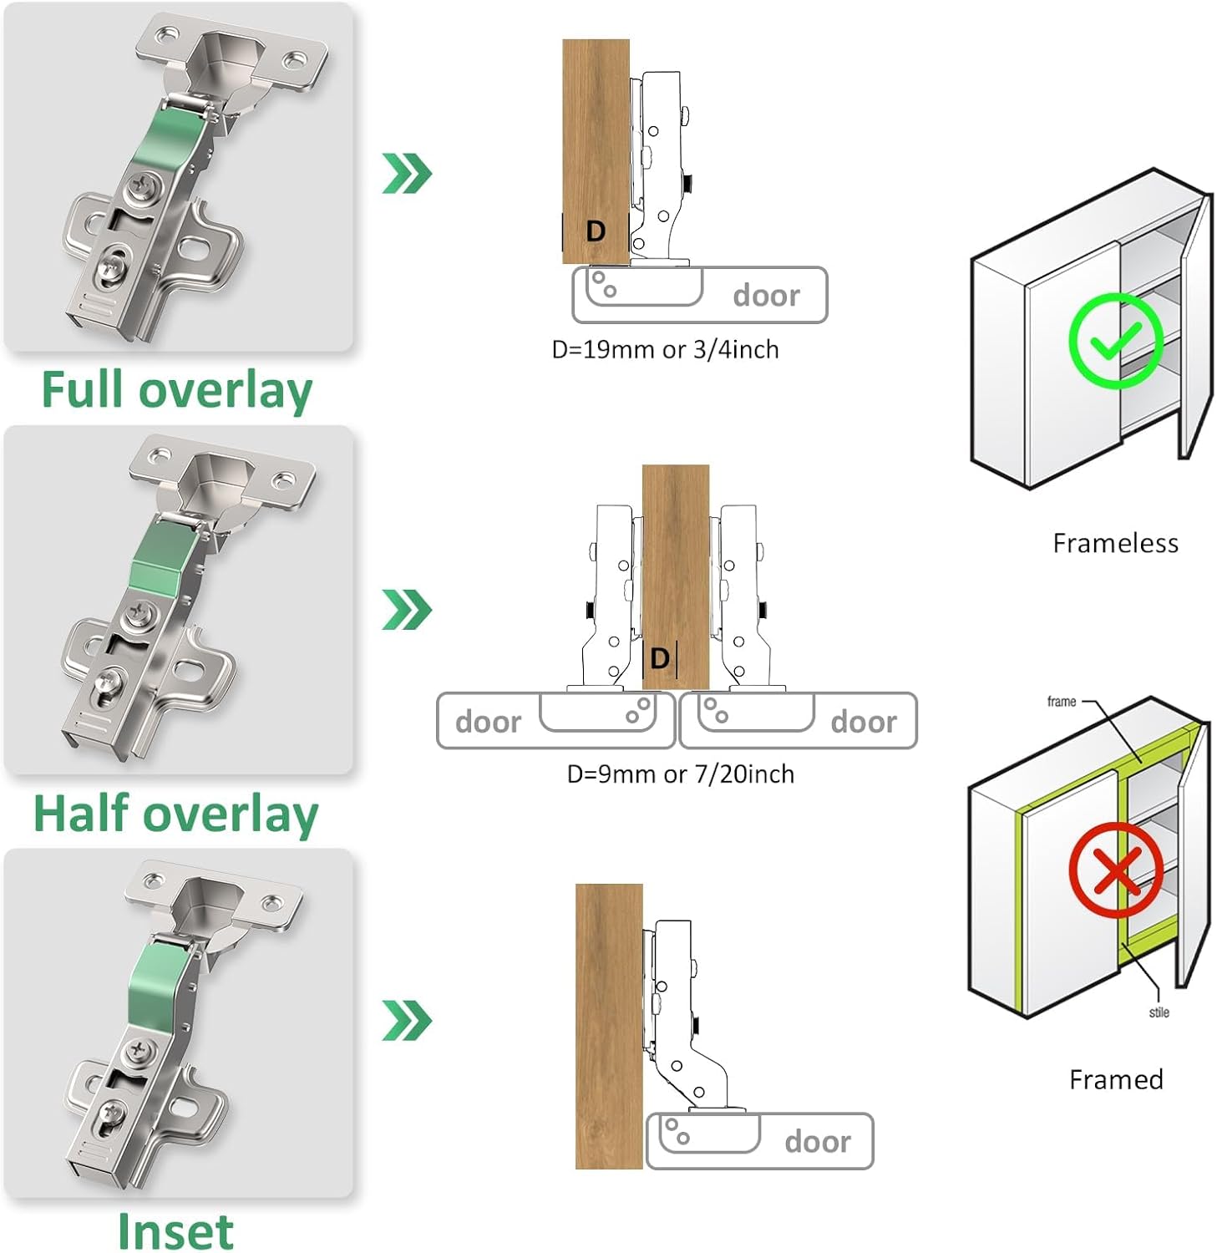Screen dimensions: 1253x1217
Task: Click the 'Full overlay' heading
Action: [x=176, y=390]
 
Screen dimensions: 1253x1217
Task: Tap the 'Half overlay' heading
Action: [x=175, y=814]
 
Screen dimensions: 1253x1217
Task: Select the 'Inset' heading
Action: [x=175, y=1231]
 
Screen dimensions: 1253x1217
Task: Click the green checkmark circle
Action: [x=1116, y=340]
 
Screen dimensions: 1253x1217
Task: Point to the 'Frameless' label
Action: [x=1115, y=544]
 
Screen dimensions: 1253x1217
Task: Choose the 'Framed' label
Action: [x=1116, y=1080]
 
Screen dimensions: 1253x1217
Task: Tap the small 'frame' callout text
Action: [x=1062, y=702]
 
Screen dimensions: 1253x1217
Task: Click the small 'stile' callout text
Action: [x=1159, y=1012]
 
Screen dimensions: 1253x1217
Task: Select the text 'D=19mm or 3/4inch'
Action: [x=665, y=350]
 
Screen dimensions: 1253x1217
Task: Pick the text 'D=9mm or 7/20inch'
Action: [x=680, y=774]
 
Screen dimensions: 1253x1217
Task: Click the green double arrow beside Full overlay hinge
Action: [x=407, y=174]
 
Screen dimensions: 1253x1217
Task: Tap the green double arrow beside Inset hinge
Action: [x=407, y=1020]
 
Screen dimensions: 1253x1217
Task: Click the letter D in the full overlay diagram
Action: [x=596, y=231]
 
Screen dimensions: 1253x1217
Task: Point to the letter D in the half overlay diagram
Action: [x=660, y=658]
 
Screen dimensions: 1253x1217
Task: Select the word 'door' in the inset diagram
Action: [x=817, y=1142]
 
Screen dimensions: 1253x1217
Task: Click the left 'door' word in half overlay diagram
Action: [x=488, y=722]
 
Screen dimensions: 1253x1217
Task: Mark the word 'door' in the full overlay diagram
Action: [x=766, y=296]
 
